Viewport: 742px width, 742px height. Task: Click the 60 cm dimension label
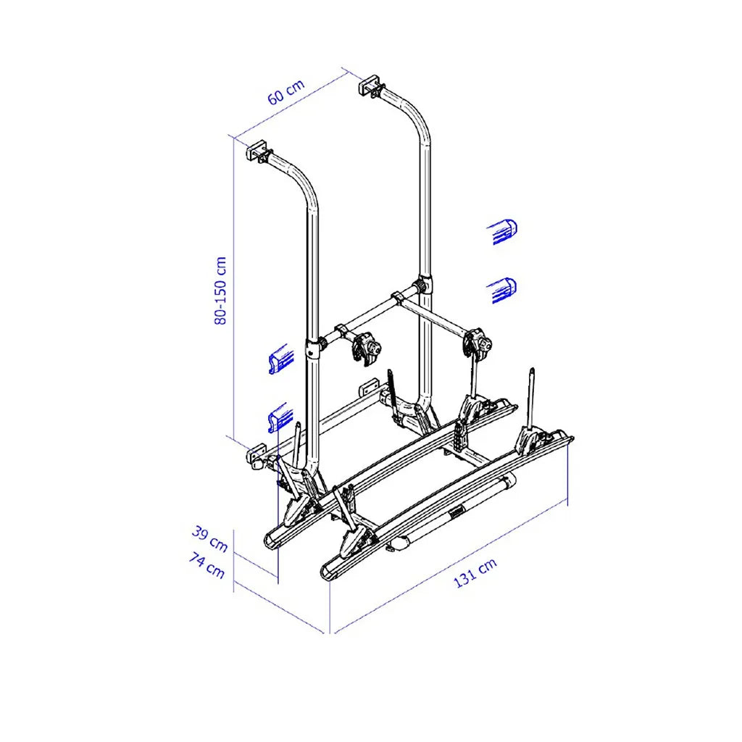point(285,92)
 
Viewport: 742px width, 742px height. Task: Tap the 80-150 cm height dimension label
point(220,291)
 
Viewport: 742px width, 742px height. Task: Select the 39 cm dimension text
point(209,539)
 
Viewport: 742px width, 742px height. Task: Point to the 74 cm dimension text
point(207,565)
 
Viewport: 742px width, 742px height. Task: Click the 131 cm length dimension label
point(475,572)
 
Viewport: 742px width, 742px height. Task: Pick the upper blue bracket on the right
point(502,232)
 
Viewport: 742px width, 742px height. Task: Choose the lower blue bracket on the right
point(502,290)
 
